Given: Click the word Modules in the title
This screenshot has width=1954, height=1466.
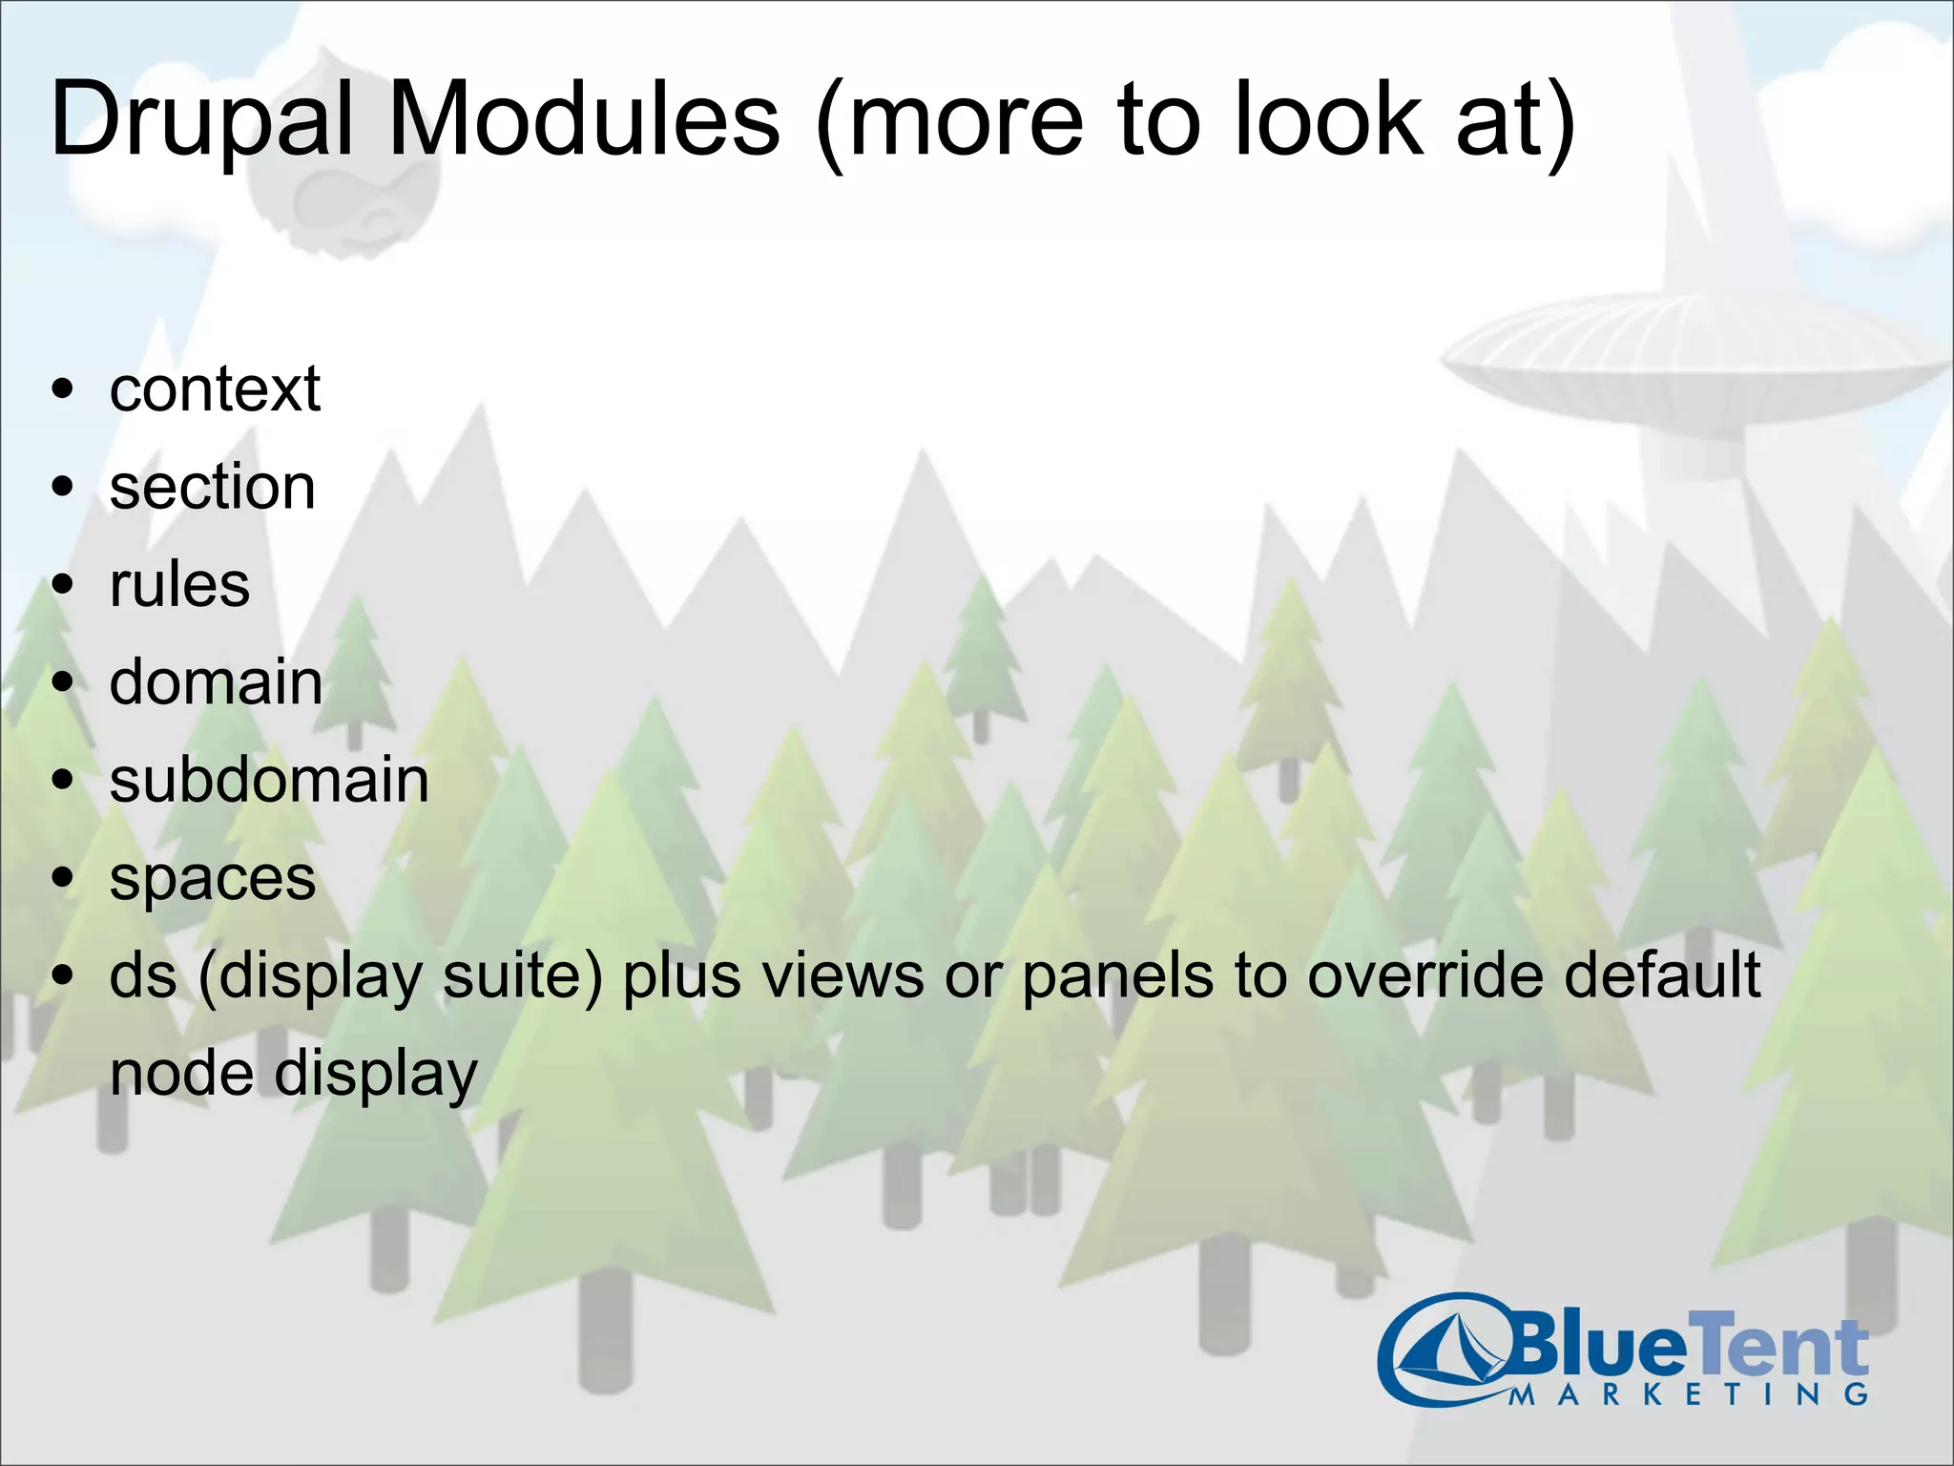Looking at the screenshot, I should click(x=584, y=120).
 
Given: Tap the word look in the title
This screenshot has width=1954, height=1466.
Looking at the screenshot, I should click(x=1326, y=118).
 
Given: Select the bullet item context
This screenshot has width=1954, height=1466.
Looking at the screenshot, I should click(x=215, y=389).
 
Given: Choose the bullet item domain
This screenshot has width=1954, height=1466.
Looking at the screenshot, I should click(x=216, y=682).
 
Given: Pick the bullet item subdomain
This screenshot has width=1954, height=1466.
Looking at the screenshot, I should click(x=269, y=780).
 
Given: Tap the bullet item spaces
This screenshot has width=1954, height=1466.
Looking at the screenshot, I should click(x=212, y=879).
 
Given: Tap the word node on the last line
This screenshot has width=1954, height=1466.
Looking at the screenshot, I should click(x=181, y=1074).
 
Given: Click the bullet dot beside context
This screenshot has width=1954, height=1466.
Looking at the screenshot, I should click(x=63, y=389).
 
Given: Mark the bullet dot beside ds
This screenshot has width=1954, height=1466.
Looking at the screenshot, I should click(x=63, y=975).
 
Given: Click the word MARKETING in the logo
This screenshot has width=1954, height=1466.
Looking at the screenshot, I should click(x=1689, y=1394).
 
